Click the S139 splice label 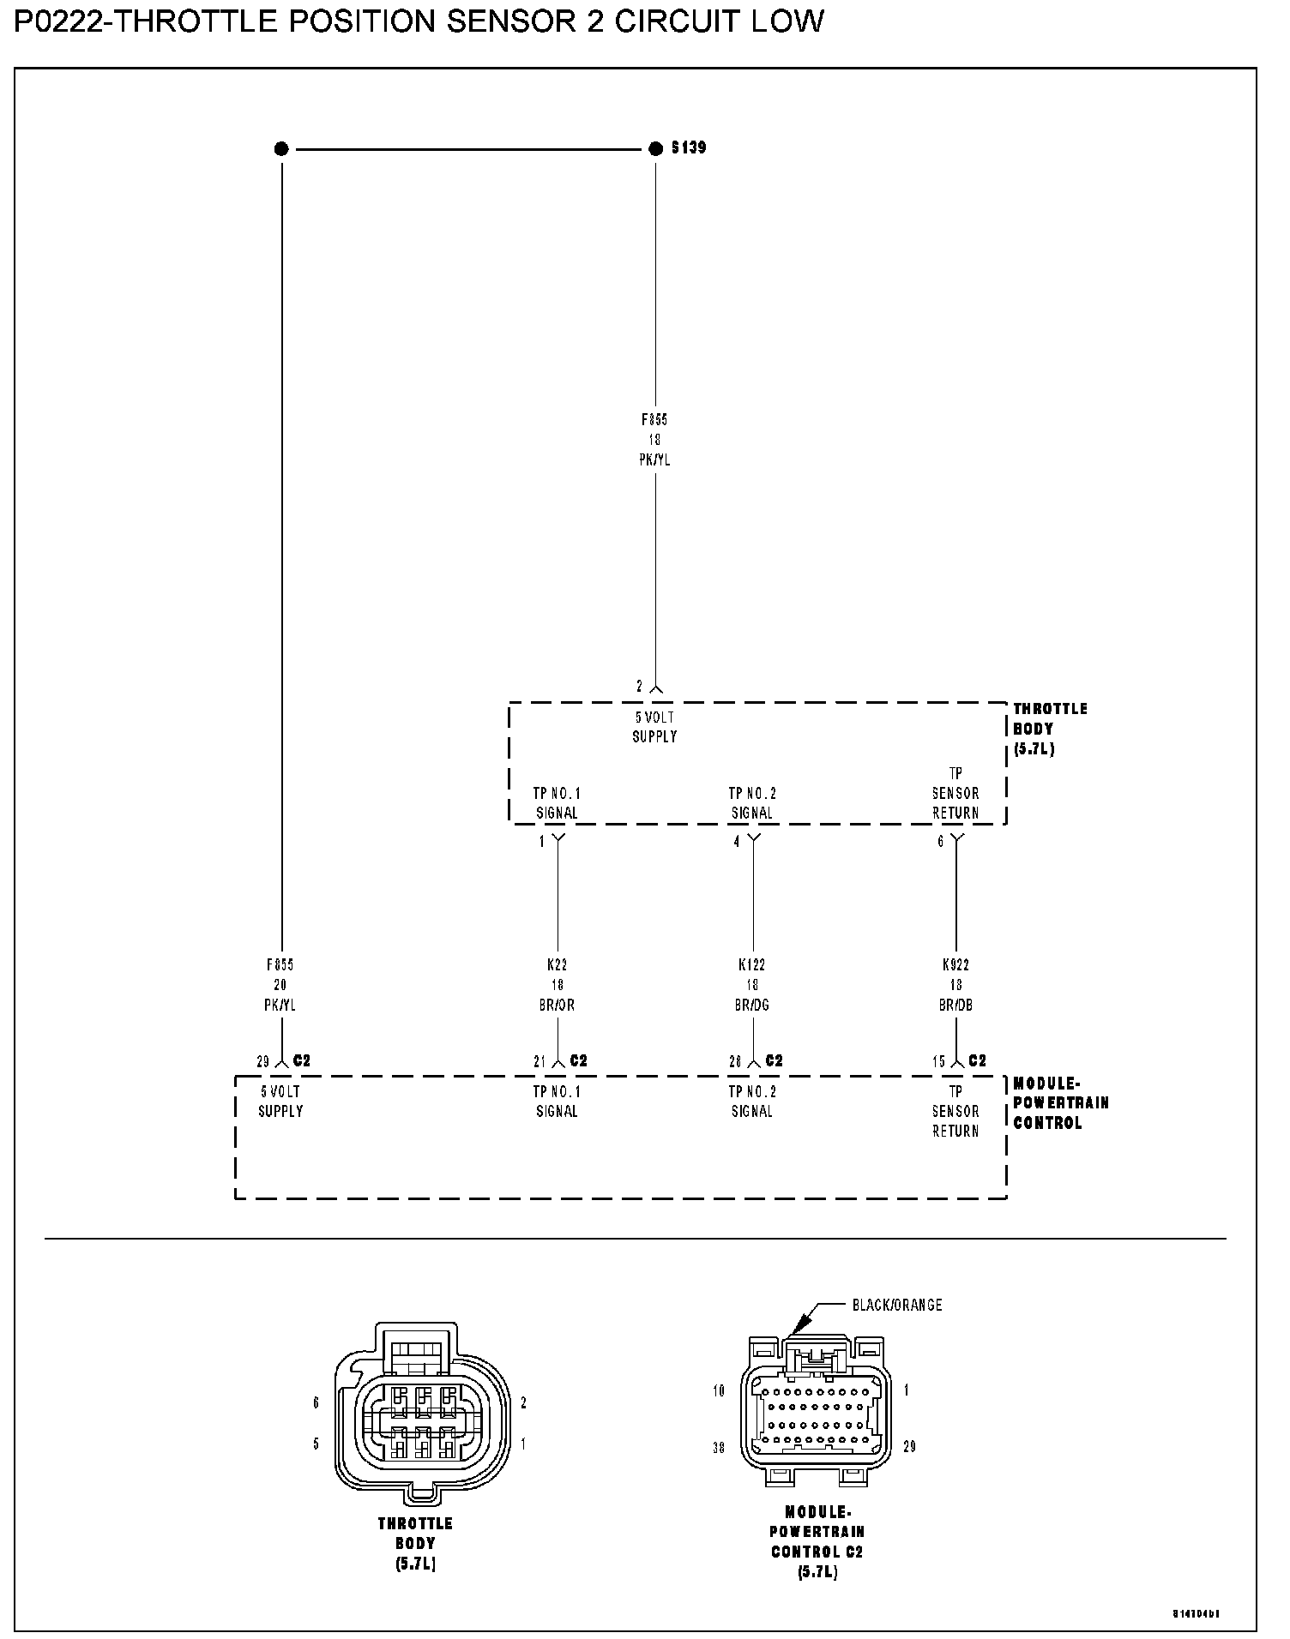pos(689,148)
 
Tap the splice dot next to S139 pos(656,149)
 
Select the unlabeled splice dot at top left pos(281,149)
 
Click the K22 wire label pos(558,965)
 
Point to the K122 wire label pos(752,965)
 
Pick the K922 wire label pos(955,965)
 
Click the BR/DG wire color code pos(752,1005)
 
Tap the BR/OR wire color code pos(558,1005)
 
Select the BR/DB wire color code pos(955,1005)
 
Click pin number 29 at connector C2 pos(262,1061)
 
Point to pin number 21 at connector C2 pos(540,1061)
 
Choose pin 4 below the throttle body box pos(736,842)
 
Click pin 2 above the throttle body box pos(639,687)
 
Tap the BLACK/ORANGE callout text pos(897,1305)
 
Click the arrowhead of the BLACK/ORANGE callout pos(795,1330)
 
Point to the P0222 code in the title pos(58,21)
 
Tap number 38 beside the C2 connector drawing pos(719,1447)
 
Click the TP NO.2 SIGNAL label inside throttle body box pos(752,803)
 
